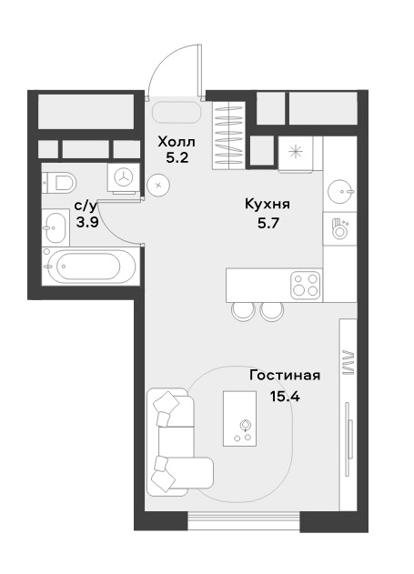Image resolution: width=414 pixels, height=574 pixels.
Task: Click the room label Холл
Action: [x=177, y=141]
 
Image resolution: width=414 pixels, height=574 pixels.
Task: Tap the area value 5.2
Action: [x=177, y=157]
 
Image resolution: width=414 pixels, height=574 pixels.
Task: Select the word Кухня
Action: [x=268, y=204]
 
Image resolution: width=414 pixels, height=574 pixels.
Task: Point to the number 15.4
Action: [x=285, y=396]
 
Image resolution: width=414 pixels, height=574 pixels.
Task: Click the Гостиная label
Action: [x=285, y=375]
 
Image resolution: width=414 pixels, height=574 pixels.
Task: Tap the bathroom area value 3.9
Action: [x=87, y=222]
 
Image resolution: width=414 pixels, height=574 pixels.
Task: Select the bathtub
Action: [x=90, y=267]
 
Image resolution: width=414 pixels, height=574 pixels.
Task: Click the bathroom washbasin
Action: [x=56, y=227]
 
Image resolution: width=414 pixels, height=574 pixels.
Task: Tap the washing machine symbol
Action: [x=124, y=178]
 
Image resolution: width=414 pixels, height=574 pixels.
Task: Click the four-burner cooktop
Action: [x=306, y=285]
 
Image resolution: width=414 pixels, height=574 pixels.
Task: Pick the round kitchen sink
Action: [x=340, y=191]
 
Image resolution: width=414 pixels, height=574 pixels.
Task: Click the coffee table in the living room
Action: [x=240, y=418]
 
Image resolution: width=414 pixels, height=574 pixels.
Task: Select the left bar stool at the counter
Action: [x=243, y=311]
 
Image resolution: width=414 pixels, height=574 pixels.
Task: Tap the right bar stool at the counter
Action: [x=272, y=311]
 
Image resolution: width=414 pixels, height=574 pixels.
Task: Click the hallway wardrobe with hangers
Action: [x=228, y=136]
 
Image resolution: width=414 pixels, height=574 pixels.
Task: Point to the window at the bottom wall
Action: [x=244, y=520]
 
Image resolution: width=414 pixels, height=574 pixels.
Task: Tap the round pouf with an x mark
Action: [x=158, y=186]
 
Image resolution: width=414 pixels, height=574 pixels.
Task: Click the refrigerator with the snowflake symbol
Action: [x=296, y=153]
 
